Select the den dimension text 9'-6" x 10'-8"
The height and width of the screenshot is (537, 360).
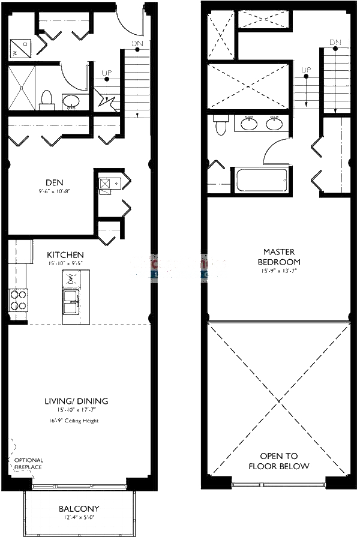(x=53, y=192)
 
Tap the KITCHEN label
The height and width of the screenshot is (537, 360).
(x=65, y=255)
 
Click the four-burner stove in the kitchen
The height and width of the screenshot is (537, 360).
(x=19, y=299)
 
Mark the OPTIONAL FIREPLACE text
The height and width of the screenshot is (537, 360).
(x=28, y=464)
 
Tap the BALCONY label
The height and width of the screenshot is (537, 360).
(x=79, y=509)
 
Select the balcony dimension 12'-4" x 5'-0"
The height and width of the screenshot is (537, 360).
(x=79, y=519)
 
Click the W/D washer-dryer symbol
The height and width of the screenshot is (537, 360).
(x=20, y=49)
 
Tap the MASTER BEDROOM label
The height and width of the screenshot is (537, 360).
(x=279, y=256)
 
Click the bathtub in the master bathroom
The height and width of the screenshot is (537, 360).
(x=261, y=179)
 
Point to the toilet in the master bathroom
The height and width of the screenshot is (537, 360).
(x=220, y=124)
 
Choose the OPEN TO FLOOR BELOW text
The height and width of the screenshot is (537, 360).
(x=280, y=461)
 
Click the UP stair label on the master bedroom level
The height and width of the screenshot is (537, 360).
(x=306, y=70)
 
